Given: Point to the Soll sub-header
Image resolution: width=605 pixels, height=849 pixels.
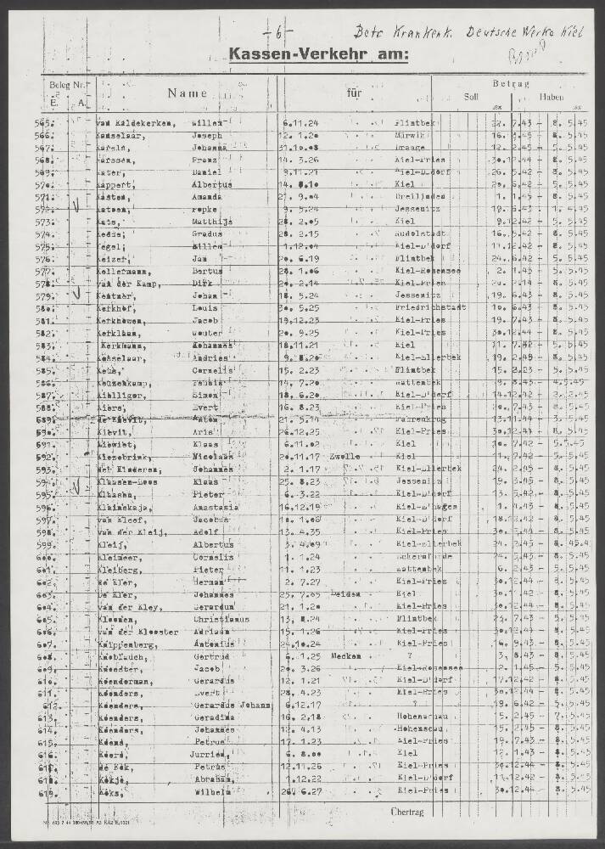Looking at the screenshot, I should point(471,97).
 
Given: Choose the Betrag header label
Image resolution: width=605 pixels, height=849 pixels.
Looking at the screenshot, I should point(511,84).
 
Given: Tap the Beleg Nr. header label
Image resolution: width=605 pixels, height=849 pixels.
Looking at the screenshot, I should point(67,86).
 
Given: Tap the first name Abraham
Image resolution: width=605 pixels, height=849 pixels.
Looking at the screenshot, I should point(209,777).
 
